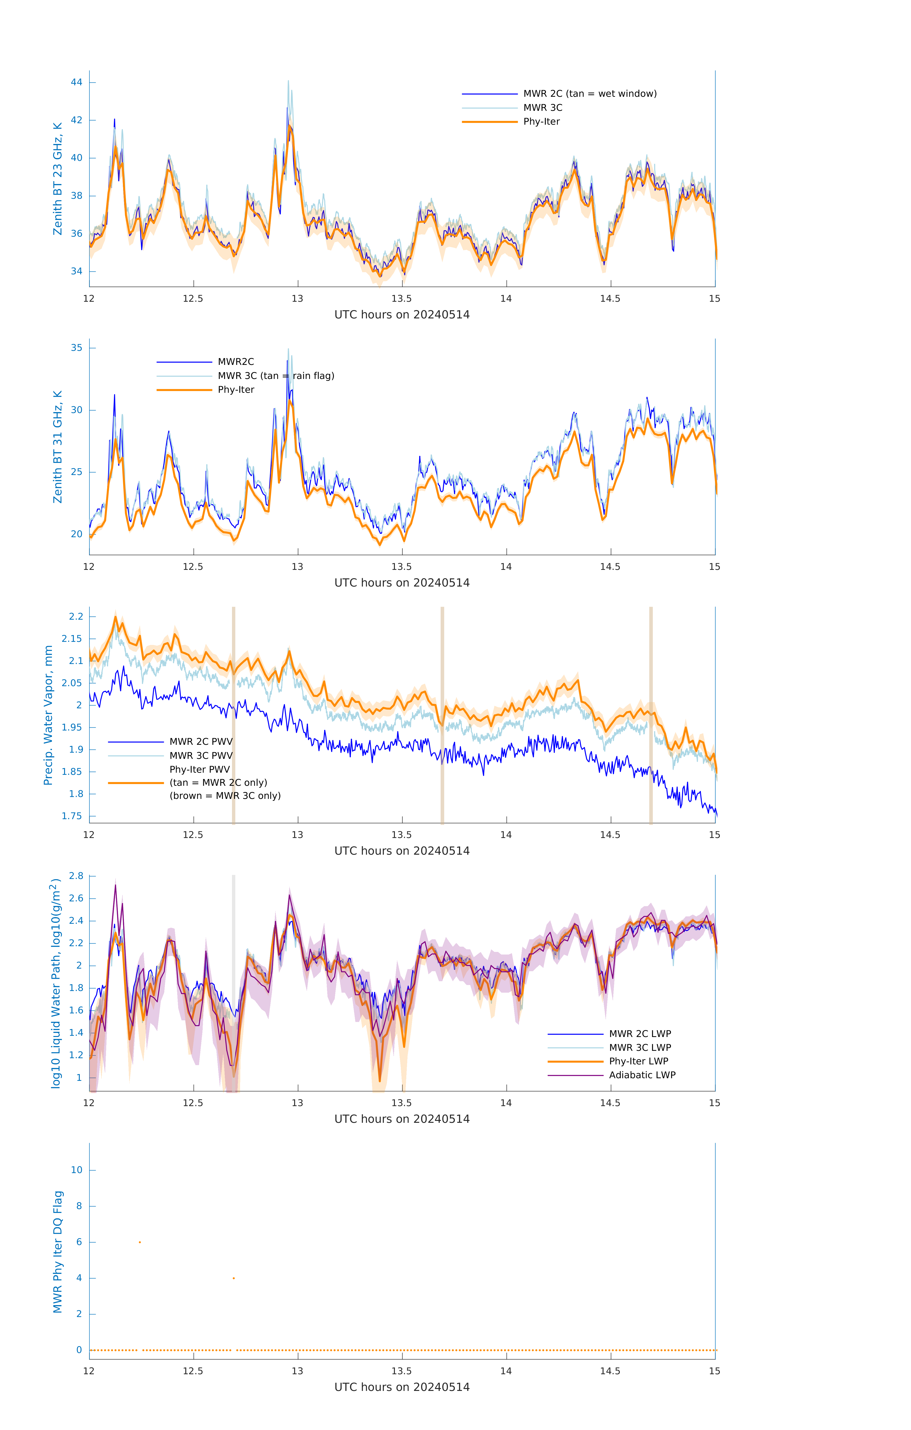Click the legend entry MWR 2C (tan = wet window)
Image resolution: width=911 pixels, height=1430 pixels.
point(589,94)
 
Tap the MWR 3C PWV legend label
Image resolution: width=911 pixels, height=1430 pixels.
point(201,755)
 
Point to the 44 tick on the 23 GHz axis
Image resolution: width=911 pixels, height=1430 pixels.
point(76,82)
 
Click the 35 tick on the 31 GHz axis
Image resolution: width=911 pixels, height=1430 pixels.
point(76,348)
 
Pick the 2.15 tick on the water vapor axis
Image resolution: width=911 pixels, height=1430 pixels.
point(72,639)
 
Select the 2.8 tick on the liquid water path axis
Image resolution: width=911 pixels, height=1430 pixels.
point(76,876)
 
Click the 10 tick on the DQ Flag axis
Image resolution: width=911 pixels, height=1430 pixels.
point(76,1170)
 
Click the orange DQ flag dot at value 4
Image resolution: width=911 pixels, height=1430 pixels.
point(234,1278)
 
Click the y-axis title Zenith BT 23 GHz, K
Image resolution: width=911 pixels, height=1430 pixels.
point(58,179)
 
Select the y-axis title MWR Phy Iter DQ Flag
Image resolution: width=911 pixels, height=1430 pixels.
point(58,1252)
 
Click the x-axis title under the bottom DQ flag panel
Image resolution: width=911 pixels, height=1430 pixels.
point(402,1387)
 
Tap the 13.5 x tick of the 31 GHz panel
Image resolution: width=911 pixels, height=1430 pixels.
point(402,567)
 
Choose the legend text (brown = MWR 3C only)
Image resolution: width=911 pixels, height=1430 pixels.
point(225,796)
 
